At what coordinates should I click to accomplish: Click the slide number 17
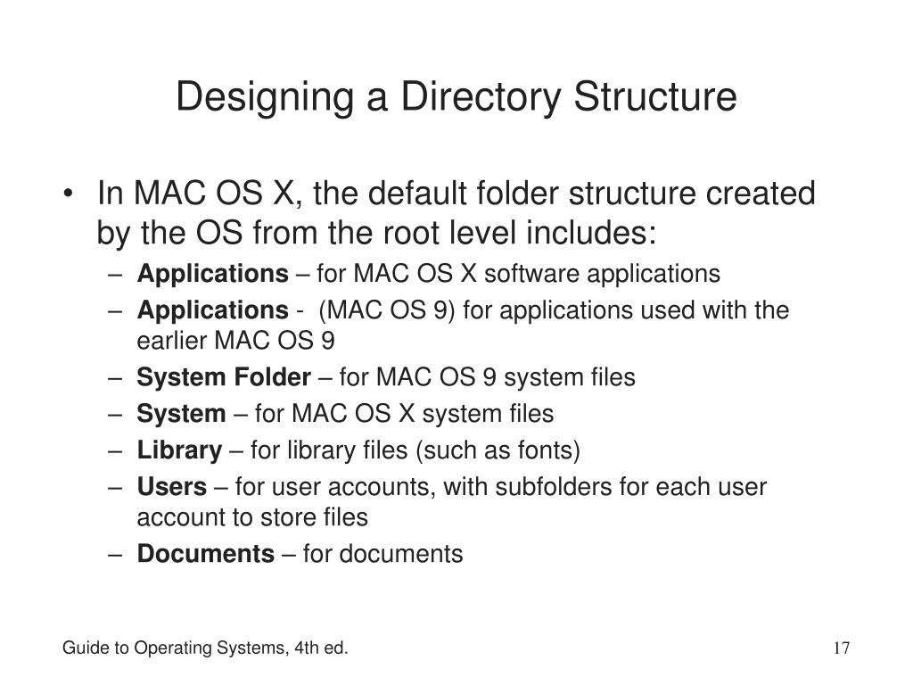pos(842,648)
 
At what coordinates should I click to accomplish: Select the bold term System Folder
pos(223,377)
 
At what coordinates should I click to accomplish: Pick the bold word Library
pos(178,450)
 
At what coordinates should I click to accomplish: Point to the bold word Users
pos(171,487)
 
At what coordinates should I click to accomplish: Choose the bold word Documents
pos(205,554)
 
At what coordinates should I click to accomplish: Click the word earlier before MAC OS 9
pos(169,341)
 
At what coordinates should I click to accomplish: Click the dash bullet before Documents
pos(119,554)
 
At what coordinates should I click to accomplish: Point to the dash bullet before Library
pos(119,450)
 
